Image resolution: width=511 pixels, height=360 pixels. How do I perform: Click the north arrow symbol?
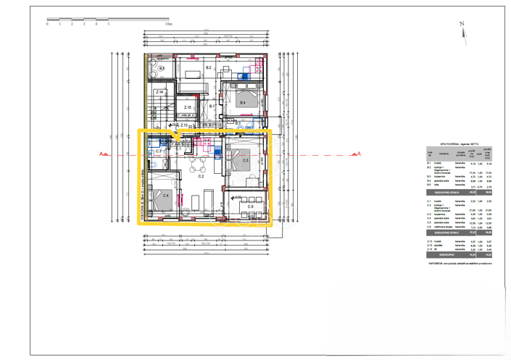[x=462, y=30]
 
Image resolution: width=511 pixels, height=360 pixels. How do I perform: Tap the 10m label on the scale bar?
[x=168, y=24]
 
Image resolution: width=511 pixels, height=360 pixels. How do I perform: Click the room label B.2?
[x=208, y=67]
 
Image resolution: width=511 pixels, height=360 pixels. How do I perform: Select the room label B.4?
[x=243, y=103]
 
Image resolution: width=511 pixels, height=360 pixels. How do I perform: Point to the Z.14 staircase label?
[x=159, y=93]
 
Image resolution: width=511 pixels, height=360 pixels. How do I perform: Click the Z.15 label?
[x=187, y=107]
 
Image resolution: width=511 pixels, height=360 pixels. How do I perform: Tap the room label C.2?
[x=201, y=176]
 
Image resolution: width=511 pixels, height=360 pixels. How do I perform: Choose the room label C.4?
[x=165, y=196]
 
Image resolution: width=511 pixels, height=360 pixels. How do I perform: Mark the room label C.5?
[x=246, y=161]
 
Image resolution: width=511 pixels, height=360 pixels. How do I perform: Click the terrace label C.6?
[x=250, y=206]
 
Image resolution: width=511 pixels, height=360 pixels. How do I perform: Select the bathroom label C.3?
[x=159, y=151]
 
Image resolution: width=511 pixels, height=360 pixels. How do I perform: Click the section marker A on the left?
[x=102, y=154]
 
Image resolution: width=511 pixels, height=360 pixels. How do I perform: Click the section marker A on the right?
[x=357, y=154]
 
